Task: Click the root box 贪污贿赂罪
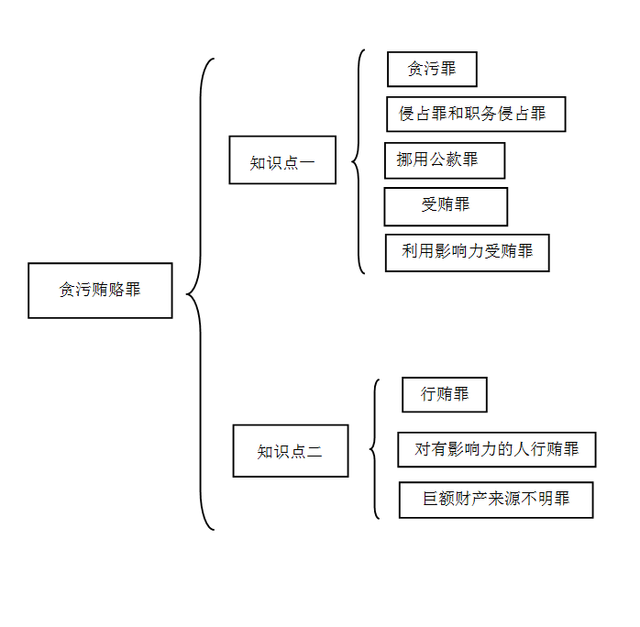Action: pyautogui.click(x=100, y=291)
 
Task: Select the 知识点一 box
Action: pyautogui.click(x=282, y=159)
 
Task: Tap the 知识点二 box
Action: pyautogui.click(x=291, y=451)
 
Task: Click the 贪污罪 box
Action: pyautogui.click(x=432, y=69)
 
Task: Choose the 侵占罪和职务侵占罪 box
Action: pyautogui.click(x=476, y=115)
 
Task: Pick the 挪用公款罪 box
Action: pyautogui.click(x=445, y=160)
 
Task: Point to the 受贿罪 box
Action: pyautogui.click(x=446, y=206)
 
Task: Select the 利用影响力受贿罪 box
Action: pyautogui.click(x=468, y=252)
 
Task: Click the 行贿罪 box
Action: pyautogui.click(x=445, y=394)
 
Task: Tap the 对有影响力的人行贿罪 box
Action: pyautogui.click(x=497, y=449)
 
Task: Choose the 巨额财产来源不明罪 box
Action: pyautogui.click(x=496, y=500)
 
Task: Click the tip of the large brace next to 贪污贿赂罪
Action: pyautogui.click(x=187, y=293)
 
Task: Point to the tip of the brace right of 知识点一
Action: pyautogui.click(x=352, y=162)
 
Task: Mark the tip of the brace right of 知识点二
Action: pyautogui.click(x=370, y=449)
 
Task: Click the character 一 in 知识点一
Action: pyautogui.click(x=307, y=163)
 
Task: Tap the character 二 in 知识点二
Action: pyautogui.click(x=314, y=452)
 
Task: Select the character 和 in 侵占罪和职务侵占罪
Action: pyautogui.click(x=455, y=114)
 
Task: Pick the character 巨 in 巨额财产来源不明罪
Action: pyautogui.click(x=431, y=499)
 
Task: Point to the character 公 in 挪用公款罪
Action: pyautogui.click(x=436, y=159)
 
